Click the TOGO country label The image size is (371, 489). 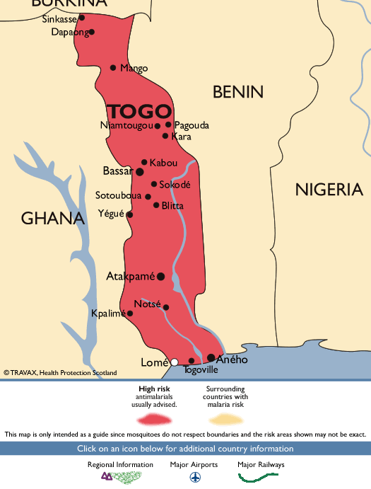click(139, 111)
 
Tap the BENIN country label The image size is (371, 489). click(238, 91)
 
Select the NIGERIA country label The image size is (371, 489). click(329, 189)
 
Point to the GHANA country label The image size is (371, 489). click(52, 218)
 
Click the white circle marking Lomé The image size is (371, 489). click(175, 362)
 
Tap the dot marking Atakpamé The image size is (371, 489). click(161, 276)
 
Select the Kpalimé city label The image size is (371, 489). click(107, 313)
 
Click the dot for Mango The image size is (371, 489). click(113, 68)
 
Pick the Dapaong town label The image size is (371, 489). click(70, 32)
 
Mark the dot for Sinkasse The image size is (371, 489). click(81, 18)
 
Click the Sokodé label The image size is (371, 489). click(175, 185)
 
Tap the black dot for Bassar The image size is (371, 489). click(140, 171)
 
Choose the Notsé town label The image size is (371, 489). click(147, 304)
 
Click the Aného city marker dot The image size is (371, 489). click(211, 357)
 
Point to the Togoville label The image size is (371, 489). click(200, 370)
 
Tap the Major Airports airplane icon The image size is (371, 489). click(194, 477)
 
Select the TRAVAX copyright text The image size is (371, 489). click(61, 372)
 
